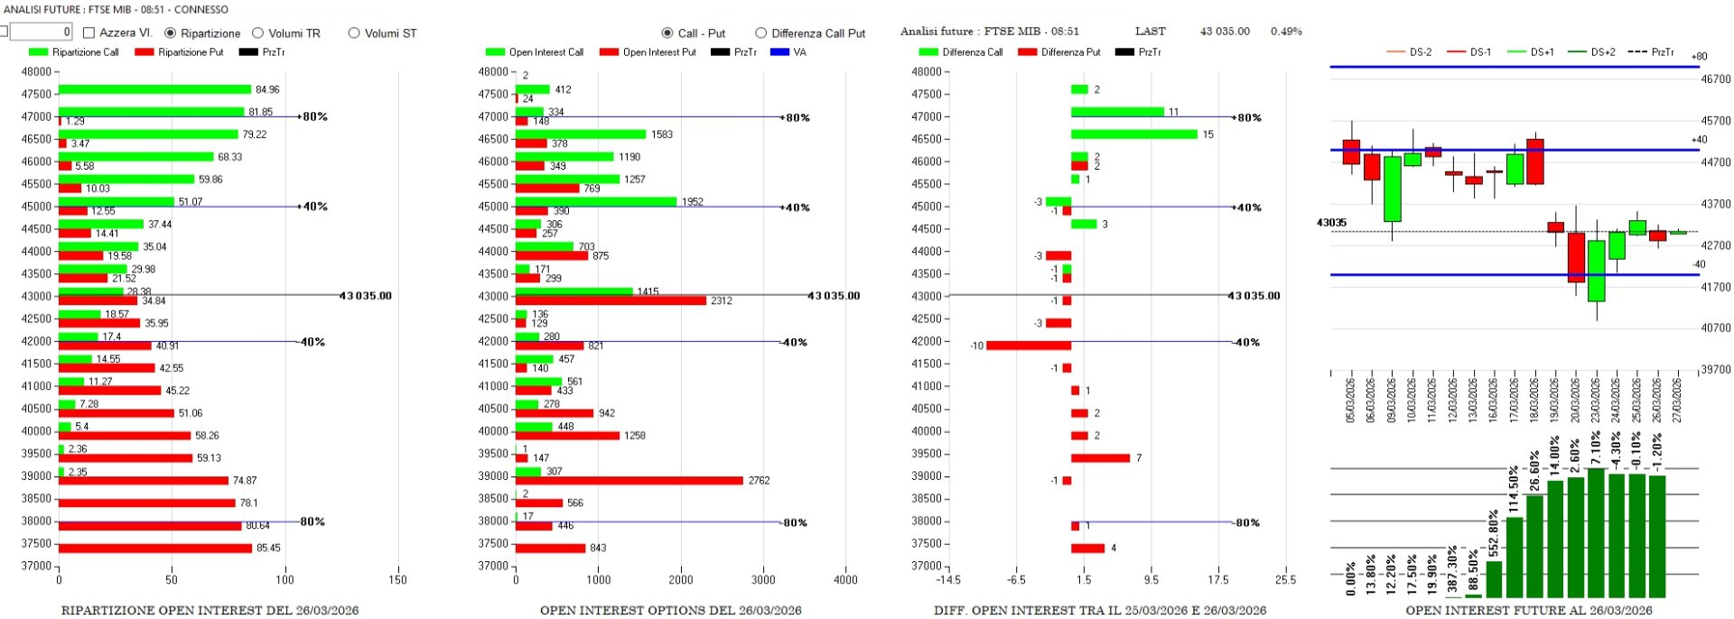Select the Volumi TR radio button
click(258, 33)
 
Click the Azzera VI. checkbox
click(89, 32)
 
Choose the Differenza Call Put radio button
click(760, 33)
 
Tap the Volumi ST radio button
click(354, 33)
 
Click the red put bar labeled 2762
click(629, 481)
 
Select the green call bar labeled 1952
click(595, 201)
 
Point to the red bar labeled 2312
click(611, 300)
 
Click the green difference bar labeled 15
click(1134, 134)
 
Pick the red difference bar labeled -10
click(1029, 346)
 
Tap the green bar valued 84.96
click(154, 89)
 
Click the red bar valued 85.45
click(155, 548)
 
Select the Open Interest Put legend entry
click(648, 52)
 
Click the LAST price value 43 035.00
click(1225, 32)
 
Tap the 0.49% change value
click(1286, 32)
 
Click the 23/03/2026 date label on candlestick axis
click(1595, 400)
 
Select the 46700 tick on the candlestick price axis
click(1715, 79)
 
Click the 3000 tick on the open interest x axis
click(763, 580)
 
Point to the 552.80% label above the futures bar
click(1494, 534)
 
